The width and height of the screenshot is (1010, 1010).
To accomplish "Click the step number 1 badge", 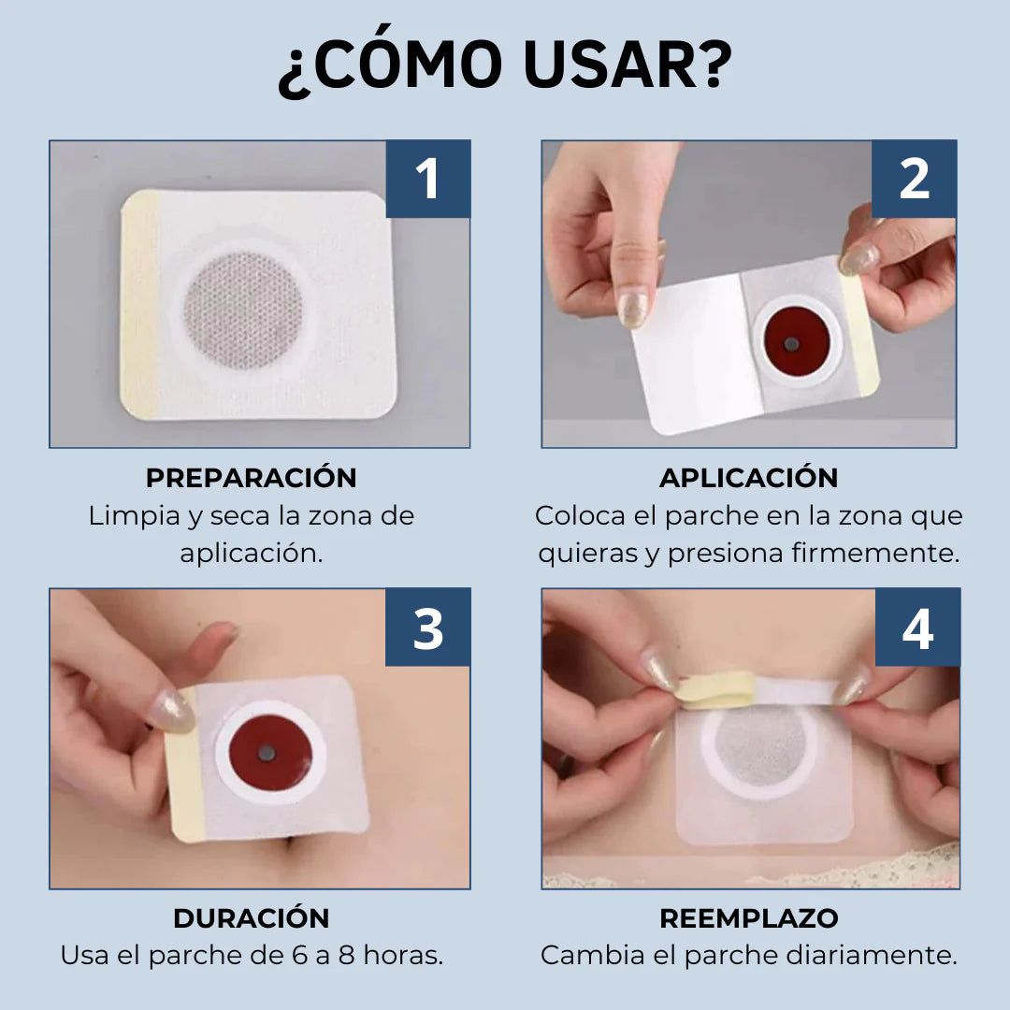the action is coord(428,179).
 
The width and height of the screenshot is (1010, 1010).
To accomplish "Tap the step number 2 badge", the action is coord(914,179).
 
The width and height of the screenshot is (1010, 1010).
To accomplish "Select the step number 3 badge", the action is coord(428,627).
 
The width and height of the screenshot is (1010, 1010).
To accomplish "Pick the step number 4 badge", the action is coord(918,627).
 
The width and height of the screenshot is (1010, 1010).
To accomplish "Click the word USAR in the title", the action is coord(628,64).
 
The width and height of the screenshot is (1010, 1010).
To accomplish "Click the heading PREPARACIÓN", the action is coord(252,478).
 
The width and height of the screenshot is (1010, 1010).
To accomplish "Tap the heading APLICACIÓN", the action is coord(749,478).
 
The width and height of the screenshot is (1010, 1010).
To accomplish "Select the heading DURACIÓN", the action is coord(252,918).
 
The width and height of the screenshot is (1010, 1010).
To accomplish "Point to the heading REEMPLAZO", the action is coord(749,918).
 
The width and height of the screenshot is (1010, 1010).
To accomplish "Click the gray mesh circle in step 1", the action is coord(243,310).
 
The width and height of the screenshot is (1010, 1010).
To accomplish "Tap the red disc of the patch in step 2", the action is coord(797,341).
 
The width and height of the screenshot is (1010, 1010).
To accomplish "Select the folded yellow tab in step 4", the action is coord(717,690).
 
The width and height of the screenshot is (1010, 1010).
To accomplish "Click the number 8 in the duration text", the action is coord(347,956).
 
